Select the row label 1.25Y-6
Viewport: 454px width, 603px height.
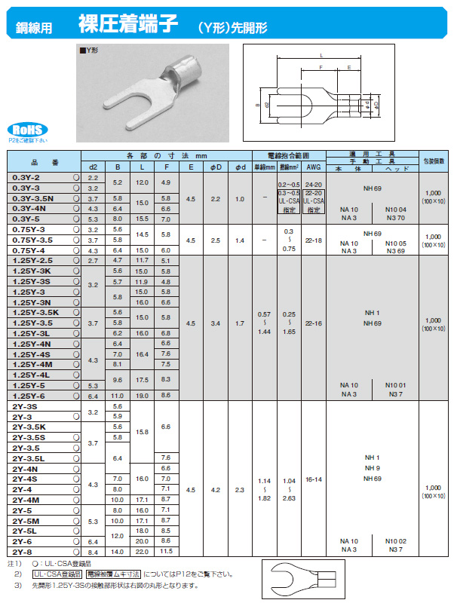(29, 395)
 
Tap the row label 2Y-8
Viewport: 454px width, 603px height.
(23, 552)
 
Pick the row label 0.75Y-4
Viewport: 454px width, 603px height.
(29, 249)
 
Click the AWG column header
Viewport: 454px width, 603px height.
(314, 167)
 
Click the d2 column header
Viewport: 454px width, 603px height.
(94, 167)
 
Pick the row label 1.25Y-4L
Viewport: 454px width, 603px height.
(31, 374)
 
